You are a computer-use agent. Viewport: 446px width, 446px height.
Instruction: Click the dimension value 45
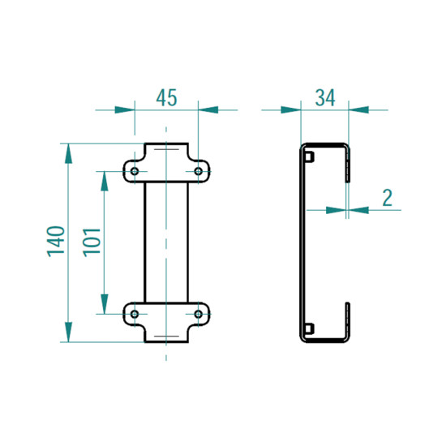click(166, 98)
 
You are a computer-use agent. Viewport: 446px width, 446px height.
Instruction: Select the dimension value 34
click(325, 98)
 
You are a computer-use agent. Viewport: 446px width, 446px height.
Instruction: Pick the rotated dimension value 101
click(92, 242)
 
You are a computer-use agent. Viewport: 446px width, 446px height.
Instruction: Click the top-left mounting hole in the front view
click(135, 171)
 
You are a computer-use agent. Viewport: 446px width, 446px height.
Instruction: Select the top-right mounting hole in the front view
click(199, 171)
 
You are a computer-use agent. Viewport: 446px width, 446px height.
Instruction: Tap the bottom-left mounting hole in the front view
click(135, 313)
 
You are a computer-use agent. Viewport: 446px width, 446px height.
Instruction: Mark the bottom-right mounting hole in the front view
click(199, 313)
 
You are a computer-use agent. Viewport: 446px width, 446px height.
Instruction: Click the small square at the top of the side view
click(309, 157)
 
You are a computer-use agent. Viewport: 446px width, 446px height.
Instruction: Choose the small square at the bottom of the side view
click(309, 328)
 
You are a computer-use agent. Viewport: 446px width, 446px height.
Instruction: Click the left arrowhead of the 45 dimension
click(124, 109)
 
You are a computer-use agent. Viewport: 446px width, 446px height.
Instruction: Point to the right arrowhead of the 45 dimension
click(208, 109)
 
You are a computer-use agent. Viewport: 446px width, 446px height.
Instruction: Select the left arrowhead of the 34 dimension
click(291, 109)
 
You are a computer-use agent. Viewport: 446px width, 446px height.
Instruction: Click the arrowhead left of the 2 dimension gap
click(336, 209)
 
